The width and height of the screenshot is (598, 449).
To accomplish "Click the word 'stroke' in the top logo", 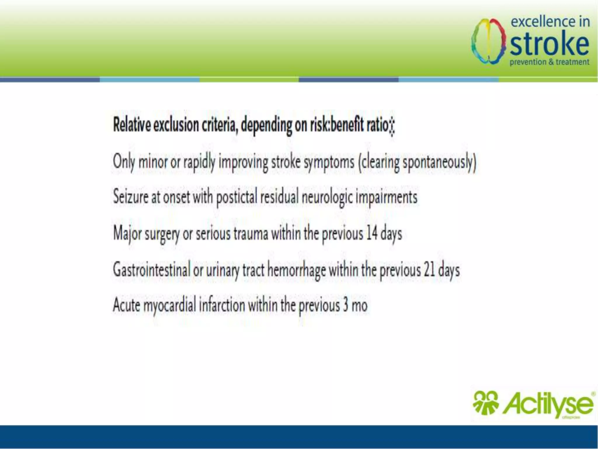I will pos(549,44).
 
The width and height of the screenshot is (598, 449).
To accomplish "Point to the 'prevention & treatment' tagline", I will pos(549,62).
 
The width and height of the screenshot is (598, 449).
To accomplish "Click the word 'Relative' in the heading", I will pos(132,125).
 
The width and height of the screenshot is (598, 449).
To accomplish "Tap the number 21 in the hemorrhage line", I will pos(429,270).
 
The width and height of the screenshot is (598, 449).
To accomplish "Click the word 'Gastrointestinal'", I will pos(151,270).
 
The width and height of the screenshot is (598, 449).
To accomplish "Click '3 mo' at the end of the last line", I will pos(355,305).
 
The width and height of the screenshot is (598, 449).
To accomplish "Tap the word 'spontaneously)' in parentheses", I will pos(439,162).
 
